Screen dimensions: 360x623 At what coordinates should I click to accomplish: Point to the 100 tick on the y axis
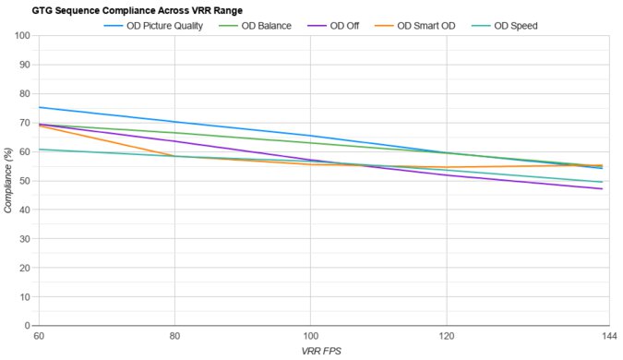pyautogui.click(x=22, y=36)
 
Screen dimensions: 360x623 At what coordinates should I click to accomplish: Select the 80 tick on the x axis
pyautogui.click(x=174, y=336)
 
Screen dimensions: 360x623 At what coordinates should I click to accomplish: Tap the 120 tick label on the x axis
pyautogui.click(x=447, y=336)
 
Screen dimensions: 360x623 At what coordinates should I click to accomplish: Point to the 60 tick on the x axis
pyautogui.click(x=38, y=336)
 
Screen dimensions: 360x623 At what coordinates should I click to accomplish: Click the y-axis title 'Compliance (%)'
pyautogui.click(x=8, y=181)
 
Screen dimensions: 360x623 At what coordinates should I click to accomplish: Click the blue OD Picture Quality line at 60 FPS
pyautogui.click(x=38, y=108)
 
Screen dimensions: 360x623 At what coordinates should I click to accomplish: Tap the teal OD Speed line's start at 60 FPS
pyautogui.click(x=38, y=150)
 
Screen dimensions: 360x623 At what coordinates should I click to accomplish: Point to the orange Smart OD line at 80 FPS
pyautogui.click(x=174, y=155)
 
